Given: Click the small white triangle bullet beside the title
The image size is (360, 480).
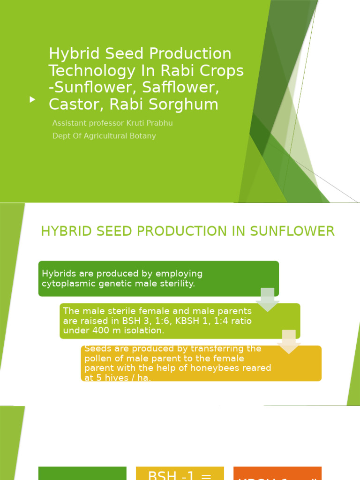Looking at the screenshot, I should point(32,99).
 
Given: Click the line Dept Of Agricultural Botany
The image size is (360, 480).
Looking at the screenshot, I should point(104,136).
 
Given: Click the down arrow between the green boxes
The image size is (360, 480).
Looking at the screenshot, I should point(267,299).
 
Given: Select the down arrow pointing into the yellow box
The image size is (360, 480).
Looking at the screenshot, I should point(289,341).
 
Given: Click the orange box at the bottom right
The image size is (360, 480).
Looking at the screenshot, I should point(277,473).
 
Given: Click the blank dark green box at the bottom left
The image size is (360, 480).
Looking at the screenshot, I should point(82,473).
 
